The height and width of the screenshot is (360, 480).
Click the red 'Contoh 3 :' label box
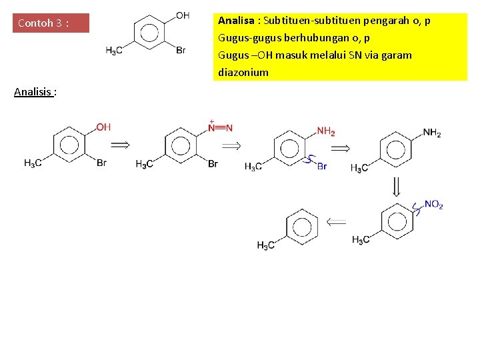(51, 23)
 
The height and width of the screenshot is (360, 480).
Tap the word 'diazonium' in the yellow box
(243, 72)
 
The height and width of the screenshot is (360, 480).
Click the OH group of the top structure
(183, 15)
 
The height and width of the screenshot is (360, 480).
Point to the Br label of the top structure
(181, 50)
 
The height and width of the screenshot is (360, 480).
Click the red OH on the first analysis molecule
(103, 127)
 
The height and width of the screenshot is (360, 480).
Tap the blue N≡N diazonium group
(220, 127)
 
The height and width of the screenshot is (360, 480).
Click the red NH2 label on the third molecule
(326, 131)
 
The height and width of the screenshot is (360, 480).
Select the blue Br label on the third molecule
(322, 166)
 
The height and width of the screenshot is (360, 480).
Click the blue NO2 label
(433, 205)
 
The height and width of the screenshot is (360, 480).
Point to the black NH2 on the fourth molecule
(431, 133)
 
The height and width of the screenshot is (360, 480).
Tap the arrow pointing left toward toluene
(337, 221)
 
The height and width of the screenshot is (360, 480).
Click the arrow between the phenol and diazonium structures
(119, 144)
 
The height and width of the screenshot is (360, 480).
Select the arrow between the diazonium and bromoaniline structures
(231, 145)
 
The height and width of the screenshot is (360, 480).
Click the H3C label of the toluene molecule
(266, 245)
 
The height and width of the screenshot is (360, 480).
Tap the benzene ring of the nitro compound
(396, 221)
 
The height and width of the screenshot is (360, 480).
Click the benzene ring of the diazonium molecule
(179, 144)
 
